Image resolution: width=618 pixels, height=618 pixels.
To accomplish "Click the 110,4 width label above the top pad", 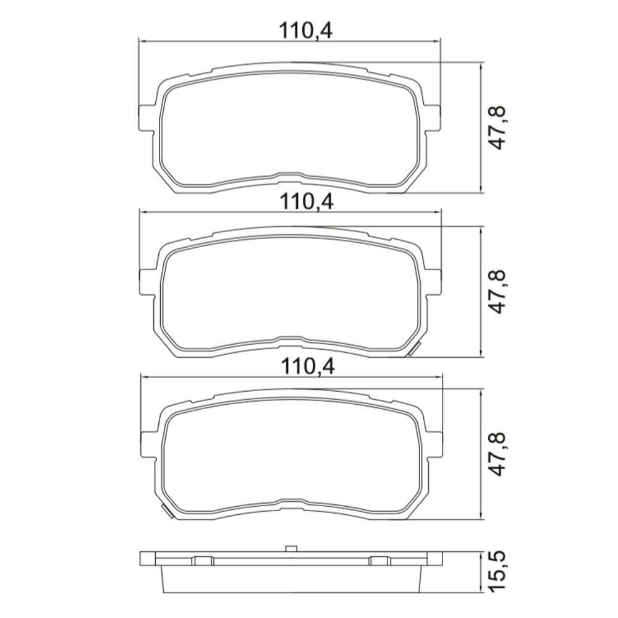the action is (x=306, y=31).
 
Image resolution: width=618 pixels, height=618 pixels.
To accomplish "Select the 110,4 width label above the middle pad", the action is (x=307, y=201).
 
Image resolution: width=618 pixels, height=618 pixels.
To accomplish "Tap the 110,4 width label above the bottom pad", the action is (x=308, y=367).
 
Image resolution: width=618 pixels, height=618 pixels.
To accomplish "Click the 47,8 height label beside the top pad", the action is (x=497, y=127).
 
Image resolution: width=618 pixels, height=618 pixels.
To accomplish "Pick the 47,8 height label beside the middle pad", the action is (x=497, y=292).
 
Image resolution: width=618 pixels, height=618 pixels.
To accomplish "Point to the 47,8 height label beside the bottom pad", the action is (x=497, y=454).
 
